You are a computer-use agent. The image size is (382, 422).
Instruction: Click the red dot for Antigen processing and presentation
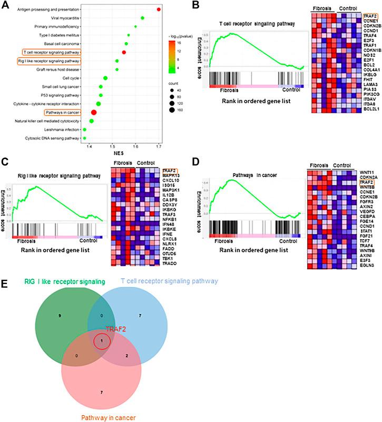[x=160, y=9]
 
